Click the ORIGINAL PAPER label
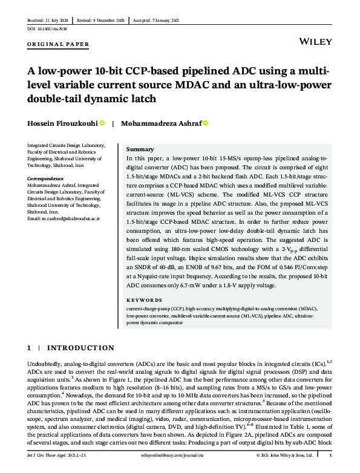tap(59, 44)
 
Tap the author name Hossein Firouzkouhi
tap(62, 123)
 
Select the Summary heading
tap(140, 149)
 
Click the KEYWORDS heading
tap(144, 300)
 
